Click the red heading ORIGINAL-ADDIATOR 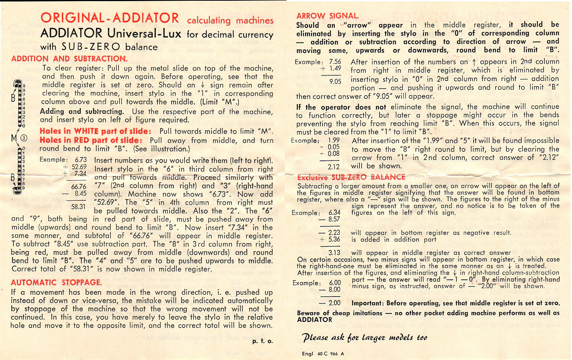point(110,18)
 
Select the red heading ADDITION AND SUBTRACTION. point(69,59)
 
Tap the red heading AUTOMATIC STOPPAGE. point(56,282)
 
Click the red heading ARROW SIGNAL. point(327,16)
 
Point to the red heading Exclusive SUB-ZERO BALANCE point(351,177)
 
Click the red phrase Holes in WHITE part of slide point(95,131)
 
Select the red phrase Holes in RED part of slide point(91,140)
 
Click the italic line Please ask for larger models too point(365,338)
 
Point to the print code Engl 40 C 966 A point(323,354)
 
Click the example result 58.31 point(78,206)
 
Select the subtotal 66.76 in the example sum point(79,186)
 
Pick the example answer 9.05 point(335,81)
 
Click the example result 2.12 point(333,167)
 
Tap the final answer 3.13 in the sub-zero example point(334,253)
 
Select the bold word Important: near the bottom point(368,303)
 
